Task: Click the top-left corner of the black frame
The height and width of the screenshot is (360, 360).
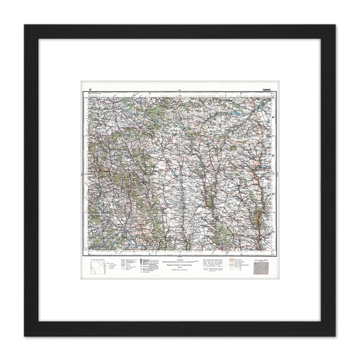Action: coord(26,26)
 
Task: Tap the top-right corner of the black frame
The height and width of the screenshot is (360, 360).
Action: coord(334,26)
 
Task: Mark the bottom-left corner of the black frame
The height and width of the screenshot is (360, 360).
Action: coord(26,335)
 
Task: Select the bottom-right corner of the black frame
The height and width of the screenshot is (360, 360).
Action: coord(334,335)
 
